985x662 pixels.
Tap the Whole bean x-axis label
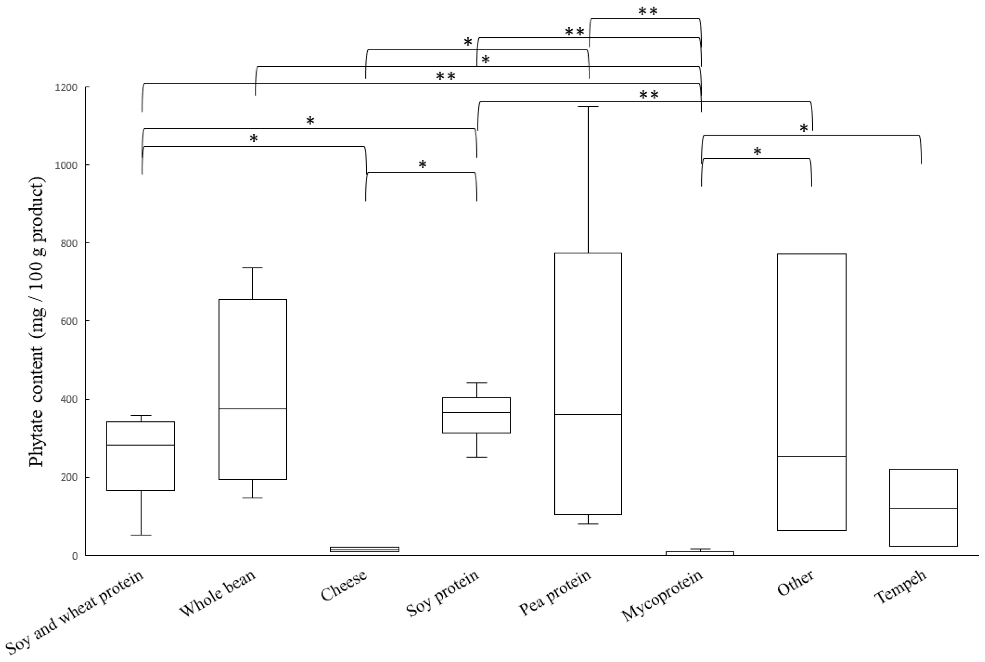pos(218,593)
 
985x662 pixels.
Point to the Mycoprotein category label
pos(662,595)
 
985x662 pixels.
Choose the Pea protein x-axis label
pos(555,593)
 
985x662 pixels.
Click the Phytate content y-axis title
pos(37,322)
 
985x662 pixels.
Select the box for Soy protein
pos(476,415)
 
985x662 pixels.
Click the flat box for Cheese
pos(364,549)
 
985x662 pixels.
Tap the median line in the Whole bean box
pos(253,409)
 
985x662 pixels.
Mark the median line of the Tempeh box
pos(923,508)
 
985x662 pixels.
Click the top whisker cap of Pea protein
pos(588,106)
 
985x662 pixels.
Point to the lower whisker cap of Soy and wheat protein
pos(141,535)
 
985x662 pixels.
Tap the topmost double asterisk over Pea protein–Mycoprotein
pos(647,11)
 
